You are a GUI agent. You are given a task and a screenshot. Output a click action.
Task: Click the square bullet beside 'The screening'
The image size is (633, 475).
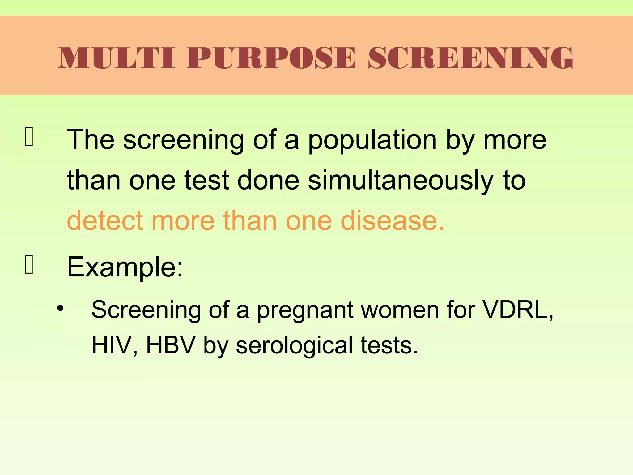pos(29,137)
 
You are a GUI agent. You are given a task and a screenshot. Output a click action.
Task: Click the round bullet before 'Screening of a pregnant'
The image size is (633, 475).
pos(60,308)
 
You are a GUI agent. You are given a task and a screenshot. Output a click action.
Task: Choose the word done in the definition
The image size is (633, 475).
pos(268,180)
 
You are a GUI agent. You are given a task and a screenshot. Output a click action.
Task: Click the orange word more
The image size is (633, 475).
pos(183,220)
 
